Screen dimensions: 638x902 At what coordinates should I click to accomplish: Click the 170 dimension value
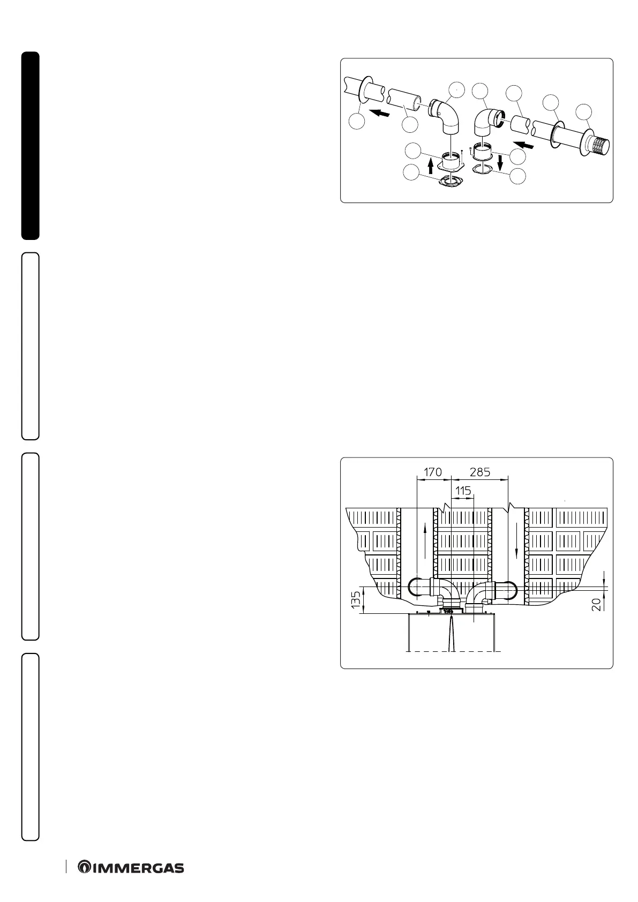coord(433,472)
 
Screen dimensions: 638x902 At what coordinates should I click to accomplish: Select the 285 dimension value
coord(481,472)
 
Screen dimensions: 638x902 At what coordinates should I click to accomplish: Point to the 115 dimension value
coord(463,491)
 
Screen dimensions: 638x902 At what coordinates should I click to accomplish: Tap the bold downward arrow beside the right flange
coord(500,163)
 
